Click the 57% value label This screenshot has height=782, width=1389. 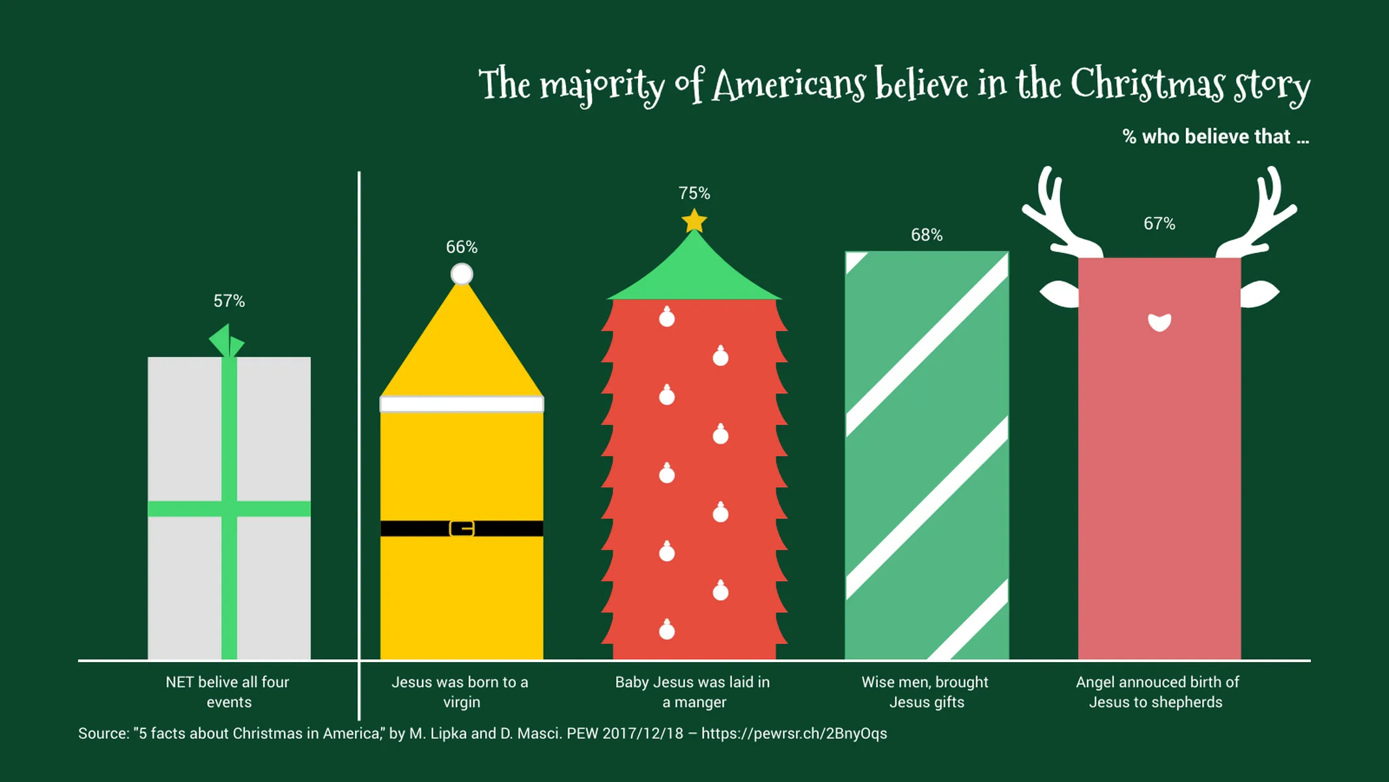coord(229,301)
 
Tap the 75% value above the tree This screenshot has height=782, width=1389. coord(694,194)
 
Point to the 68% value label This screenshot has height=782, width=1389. coord(927,235)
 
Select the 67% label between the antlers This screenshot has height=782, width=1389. coord(1159,224)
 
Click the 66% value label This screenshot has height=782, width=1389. coord(462,248)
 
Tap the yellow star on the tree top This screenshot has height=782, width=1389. coord(694,221)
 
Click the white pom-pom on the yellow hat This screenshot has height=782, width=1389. coord(462,274)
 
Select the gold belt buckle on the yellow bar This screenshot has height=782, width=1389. coord(462,529)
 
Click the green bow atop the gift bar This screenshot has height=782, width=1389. coord(226,341)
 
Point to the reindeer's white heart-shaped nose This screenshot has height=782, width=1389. coord(1159,322)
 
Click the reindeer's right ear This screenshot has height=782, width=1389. coord(1259,294)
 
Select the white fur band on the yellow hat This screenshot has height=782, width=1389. coord(462,405)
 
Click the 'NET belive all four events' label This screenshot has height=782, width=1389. coord(228,692)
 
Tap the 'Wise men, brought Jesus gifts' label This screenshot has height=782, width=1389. coord(925,692)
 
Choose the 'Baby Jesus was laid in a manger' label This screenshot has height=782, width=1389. coord(693,692)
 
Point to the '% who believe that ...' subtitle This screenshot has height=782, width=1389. coord(1215,137)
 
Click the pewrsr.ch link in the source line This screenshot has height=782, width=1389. coord(794,734)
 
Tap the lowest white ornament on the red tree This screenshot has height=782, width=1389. coord(667,630)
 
